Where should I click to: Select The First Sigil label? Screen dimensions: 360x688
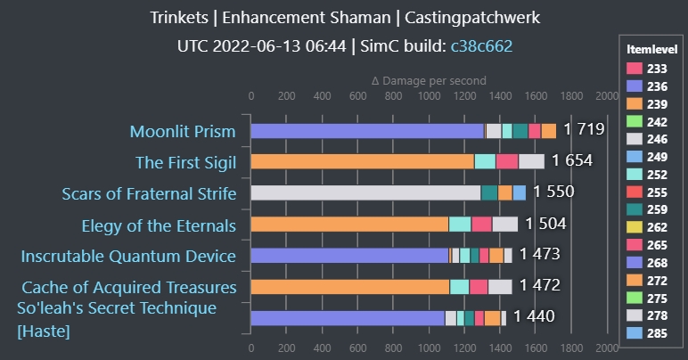(x=185, y=162)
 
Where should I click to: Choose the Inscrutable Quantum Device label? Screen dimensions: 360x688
(x=128, y=257)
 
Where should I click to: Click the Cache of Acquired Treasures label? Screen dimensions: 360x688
(x=129, y=288)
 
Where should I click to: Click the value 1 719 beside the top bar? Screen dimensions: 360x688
(x=584, y=130)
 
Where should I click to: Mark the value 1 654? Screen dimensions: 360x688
(x=572, y=161)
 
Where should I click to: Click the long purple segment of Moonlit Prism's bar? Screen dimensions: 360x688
(x=366, y=131)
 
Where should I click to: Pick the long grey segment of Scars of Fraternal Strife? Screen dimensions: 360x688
(x=365, y=192)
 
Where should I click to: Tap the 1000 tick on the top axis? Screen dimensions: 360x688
(x=429, y=95)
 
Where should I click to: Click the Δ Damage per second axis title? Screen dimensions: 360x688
(x=429, y=80)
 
